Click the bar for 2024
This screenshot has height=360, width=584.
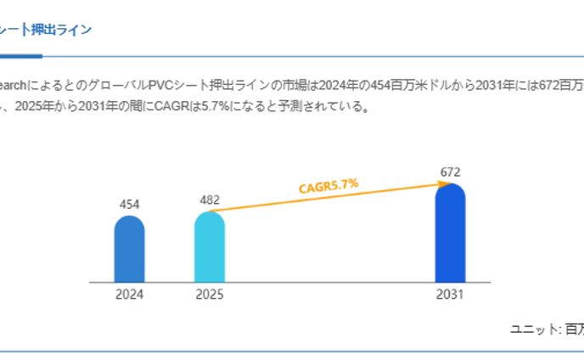click(x=129, y=250)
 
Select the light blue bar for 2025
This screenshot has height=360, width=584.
click(x=209, y=247)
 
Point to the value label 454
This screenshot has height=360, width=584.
click(x=129, y=204)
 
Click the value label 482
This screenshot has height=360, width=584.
click(x=209, y=200)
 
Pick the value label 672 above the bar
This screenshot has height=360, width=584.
click(x=450, y=172)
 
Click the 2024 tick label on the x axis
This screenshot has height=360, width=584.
click(x=130, y=295)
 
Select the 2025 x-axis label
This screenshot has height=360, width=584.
click(x=210, y=295)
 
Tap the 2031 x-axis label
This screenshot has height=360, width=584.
click(x=450, y=295)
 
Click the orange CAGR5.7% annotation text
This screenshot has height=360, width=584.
click(x=328, y=187)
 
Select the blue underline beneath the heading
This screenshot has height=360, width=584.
click(x=20, y=56)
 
